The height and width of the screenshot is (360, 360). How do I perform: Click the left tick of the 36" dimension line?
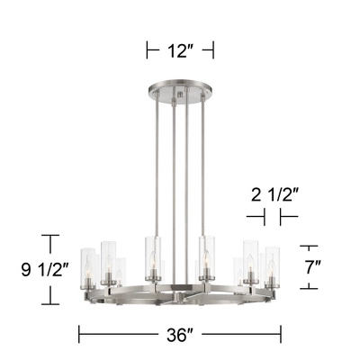tap(81, 335)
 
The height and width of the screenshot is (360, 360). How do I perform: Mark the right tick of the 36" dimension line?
tap(280, 335)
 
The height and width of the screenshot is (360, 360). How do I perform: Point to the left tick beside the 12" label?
tap(148, 49)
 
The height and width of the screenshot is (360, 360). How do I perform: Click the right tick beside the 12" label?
tap(213, 49)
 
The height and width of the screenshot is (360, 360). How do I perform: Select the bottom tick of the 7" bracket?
tap(309, 288)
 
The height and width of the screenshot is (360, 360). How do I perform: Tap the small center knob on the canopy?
tap(180, 94)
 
